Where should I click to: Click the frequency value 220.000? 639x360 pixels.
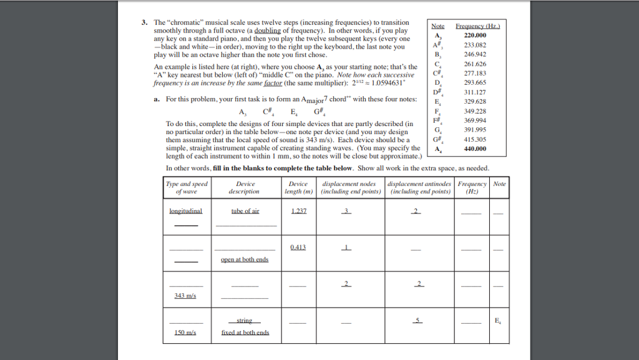475,36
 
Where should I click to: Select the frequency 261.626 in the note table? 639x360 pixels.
476,64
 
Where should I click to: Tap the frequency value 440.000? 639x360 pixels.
475,149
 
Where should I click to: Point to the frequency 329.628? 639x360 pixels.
476,101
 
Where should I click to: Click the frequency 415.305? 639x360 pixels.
476,140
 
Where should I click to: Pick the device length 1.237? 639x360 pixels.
298,211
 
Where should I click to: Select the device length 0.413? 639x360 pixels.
298,248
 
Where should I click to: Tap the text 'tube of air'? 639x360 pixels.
245,211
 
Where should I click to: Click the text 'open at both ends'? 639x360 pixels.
245,260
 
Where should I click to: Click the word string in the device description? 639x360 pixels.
244,321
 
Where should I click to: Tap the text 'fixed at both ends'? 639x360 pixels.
245,333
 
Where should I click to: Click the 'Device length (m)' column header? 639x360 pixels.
298,188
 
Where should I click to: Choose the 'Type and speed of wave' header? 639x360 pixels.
187,188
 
